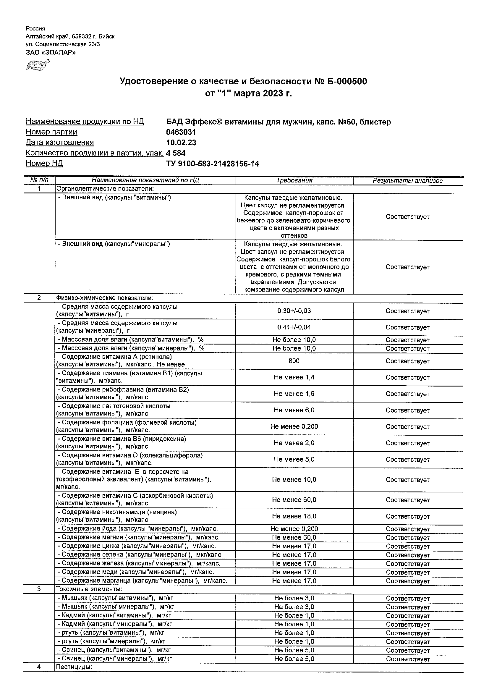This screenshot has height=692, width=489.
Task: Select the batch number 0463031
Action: pyautogui.click(x=181, y=132)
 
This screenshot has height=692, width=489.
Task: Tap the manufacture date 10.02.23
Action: pyautogui.click(x=181, y=143)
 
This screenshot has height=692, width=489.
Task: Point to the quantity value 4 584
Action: pyautogui.click(x=176, y=153)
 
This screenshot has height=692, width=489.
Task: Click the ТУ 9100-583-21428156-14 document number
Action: pyautogui.click(x=212, y=164)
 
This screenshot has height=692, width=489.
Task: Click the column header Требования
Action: pyautogui.click(x=294, y=180)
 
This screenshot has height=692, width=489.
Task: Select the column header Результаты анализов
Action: pyautogui.click(x=408, y=180)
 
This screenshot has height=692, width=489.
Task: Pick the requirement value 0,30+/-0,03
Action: pyautogui.click(x=294, y=311)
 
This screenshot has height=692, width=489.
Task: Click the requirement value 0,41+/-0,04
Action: pyautogui.click(x=294, y=327)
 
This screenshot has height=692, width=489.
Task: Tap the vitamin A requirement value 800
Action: pyautogui.click(x=294, y=361)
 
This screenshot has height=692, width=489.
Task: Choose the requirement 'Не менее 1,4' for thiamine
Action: pyautogui.click(x=294, y=377)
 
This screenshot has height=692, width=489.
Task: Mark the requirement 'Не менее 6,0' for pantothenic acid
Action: pyautogui.click(x=294, y=410)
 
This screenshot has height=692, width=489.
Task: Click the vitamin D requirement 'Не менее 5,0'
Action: pyautogui.click(x=294, y=459)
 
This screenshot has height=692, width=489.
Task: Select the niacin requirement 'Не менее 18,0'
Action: pyautogui.click(x=294, y=516)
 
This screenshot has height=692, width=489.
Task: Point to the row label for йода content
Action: pyautogui.click(x=137, y=529)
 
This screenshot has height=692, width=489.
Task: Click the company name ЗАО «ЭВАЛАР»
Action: pyautogui.click(x=51, y=52)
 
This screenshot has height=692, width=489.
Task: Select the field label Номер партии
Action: pyautogui.click(x=51, y=132)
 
